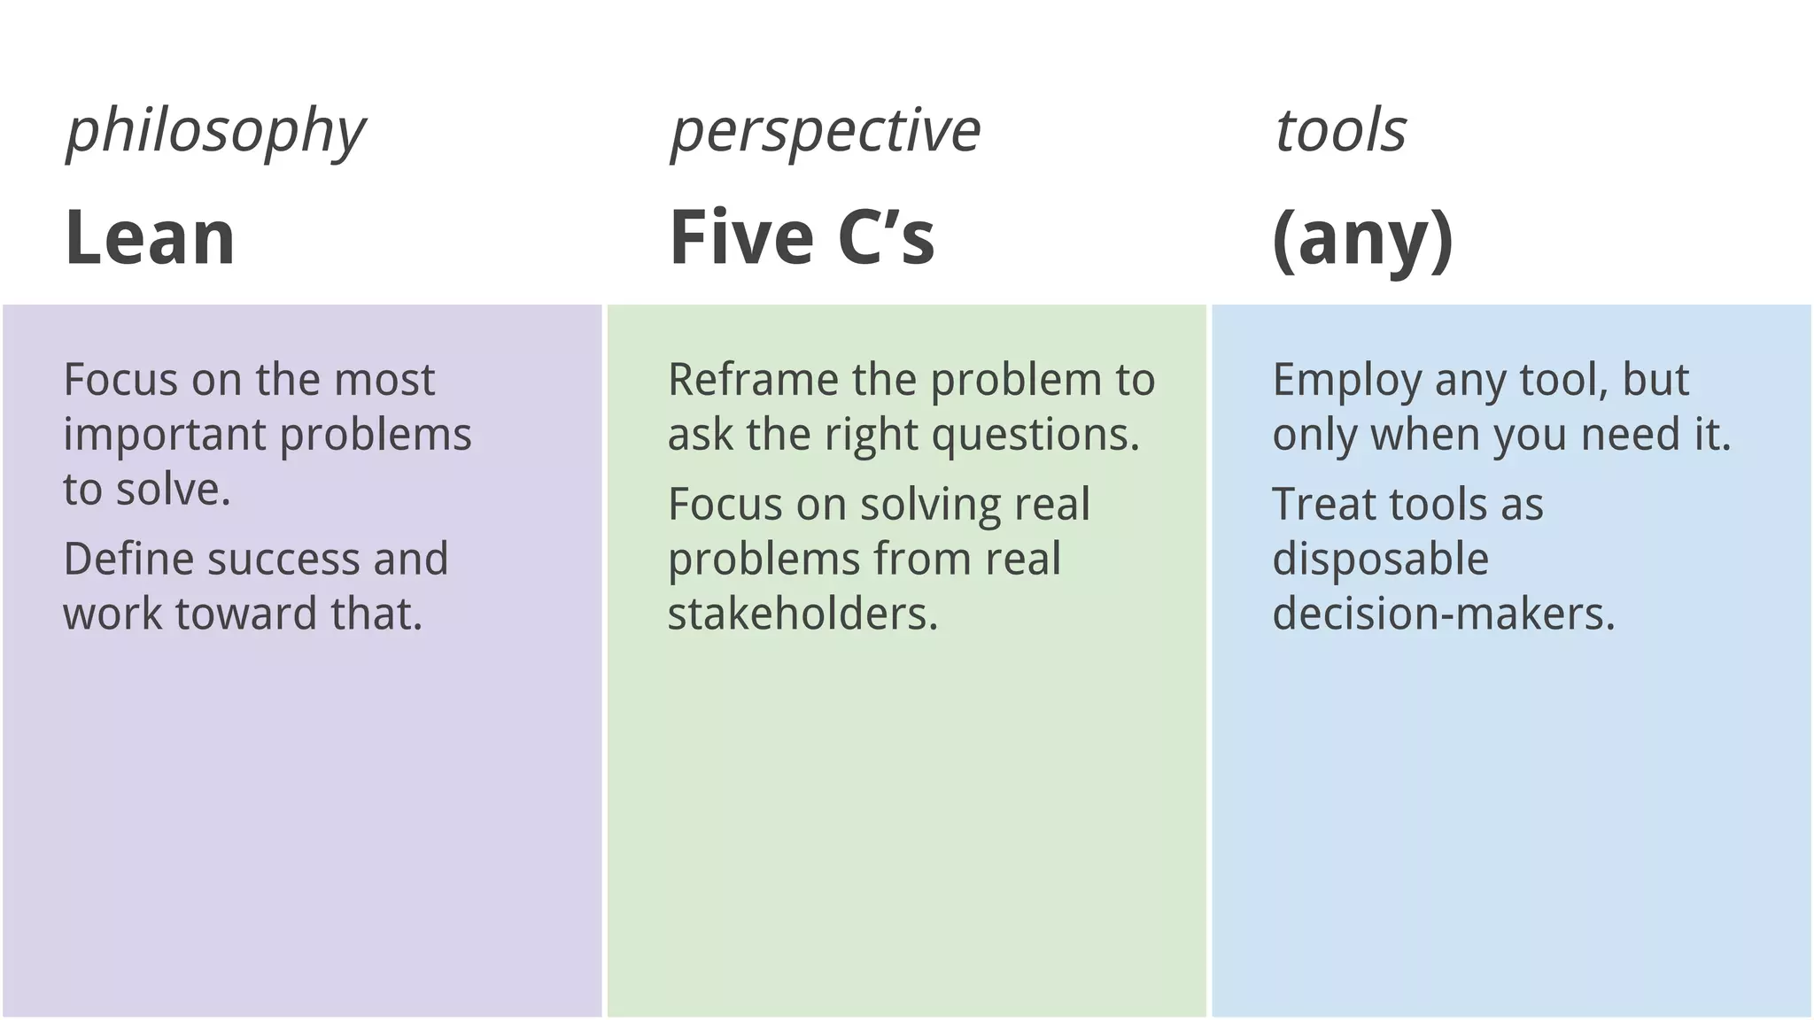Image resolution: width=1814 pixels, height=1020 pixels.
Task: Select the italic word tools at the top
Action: (x=1340, y=131)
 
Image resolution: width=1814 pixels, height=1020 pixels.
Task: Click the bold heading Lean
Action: (x=150, y=237)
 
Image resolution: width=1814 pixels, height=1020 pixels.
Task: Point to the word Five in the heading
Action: (x=740, y=237)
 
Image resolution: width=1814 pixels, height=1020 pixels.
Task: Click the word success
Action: (x=283, y=560)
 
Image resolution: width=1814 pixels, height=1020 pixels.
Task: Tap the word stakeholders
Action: (x=802, y=614)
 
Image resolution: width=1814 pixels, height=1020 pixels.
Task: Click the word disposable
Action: (x=1380, y=560)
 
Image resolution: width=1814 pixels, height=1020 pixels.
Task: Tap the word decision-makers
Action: (x=1443, y=614)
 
